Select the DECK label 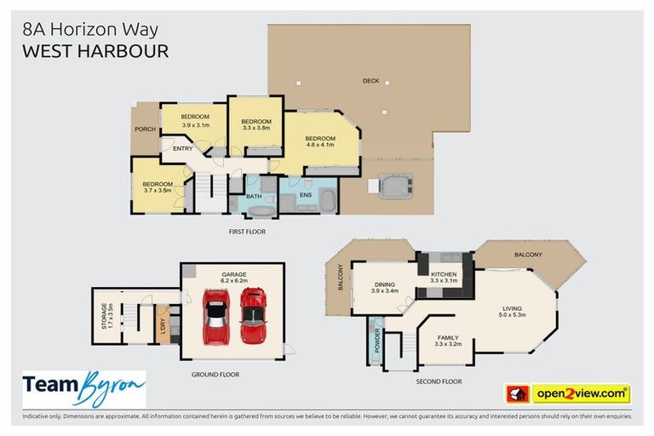click(370, 81)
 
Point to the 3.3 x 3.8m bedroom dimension click(255, 129)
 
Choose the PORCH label click(144, 129)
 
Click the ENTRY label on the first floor click(182, 149)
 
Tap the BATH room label click(254, 197)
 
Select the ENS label click(306, 195)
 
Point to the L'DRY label click(163, 326)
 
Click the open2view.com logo click(580, 393)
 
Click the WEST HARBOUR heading click(95, 51)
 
